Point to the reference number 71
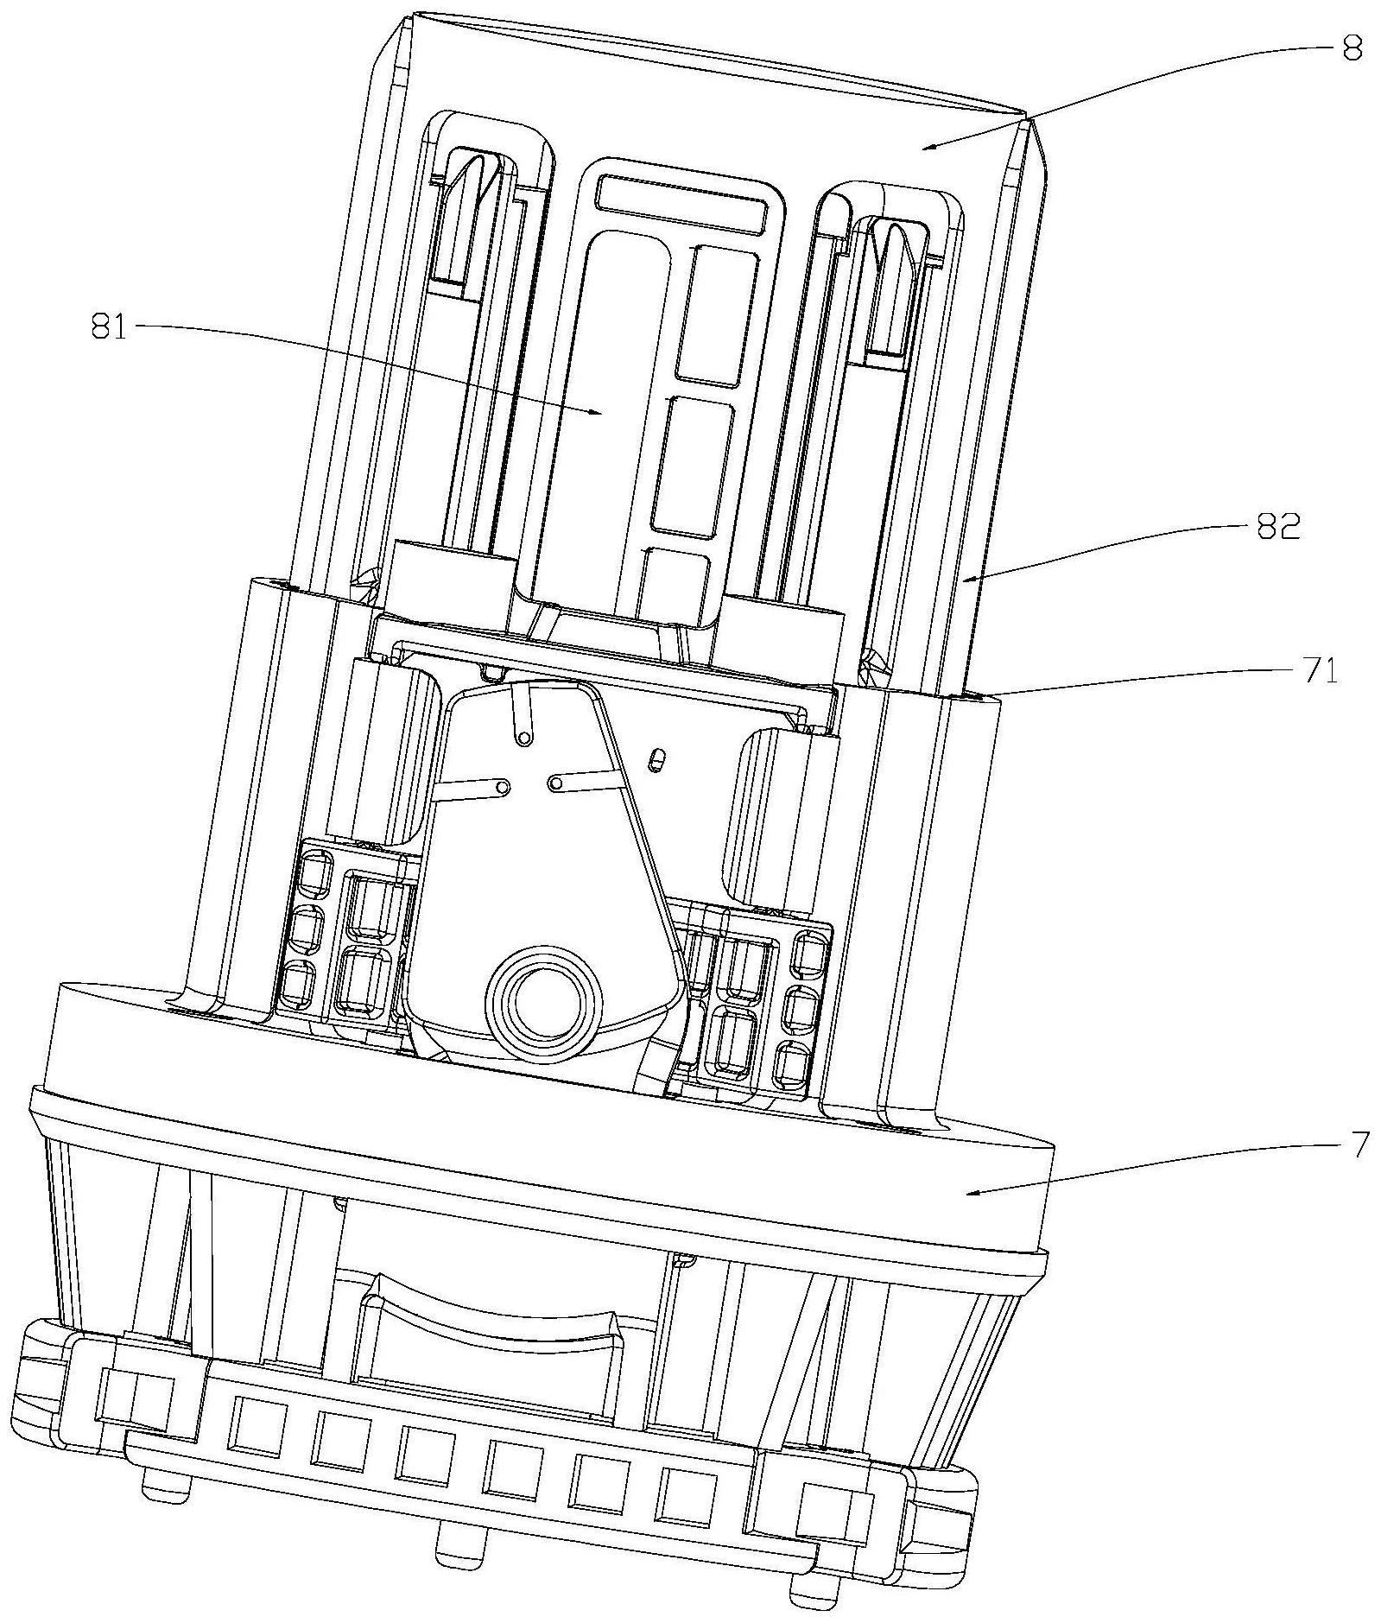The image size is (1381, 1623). point(1320,671)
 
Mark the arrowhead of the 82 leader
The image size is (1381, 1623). point(966,581)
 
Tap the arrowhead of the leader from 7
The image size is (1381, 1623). point(966,1195)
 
